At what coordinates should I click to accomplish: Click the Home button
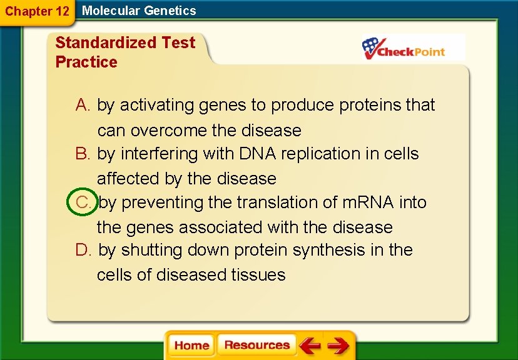click(x=191, y=346)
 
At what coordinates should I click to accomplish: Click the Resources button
click(x=256, y=346)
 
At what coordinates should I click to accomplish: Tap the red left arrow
click(x=310, y=346)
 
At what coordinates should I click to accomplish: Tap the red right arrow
click(x=338, y=346)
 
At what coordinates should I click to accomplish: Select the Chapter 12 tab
click(x=36, y=11)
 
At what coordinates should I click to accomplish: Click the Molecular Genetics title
click(x=139, y=11)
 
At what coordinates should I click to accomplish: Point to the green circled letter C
click(x=83, y=202)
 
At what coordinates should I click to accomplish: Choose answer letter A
click(x=83, y=105)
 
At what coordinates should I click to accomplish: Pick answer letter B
click(x=83, y=154)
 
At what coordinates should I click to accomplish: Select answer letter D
click(x=83, y=251)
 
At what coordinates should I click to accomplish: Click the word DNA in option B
click(x=255, y=154)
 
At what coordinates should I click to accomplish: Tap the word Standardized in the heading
click(x=106, y=42)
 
